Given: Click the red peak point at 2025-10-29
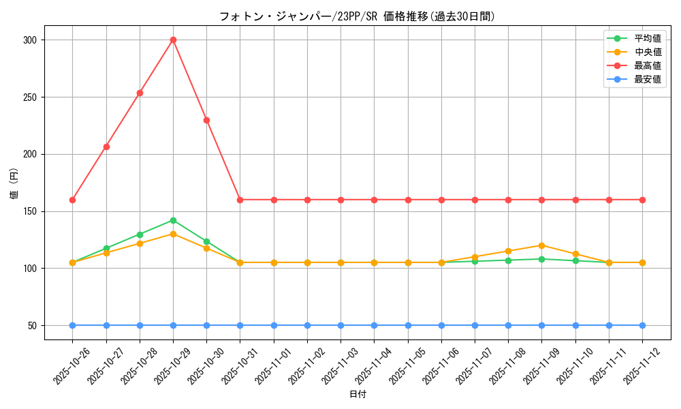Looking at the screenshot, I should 173,40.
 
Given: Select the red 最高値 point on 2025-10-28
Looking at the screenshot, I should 140,93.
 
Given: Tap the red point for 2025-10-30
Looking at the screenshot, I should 206,120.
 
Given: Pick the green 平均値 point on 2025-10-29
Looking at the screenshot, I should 173,220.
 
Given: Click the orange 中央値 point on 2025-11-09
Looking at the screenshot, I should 541,245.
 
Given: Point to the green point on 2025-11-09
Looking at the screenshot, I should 541,259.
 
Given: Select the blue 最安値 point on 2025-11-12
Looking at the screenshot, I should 642,325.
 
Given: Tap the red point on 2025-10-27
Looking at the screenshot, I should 106,147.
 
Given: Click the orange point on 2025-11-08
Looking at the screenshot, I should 508,251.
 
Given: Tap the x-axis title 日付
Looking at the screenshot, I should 358,395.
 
